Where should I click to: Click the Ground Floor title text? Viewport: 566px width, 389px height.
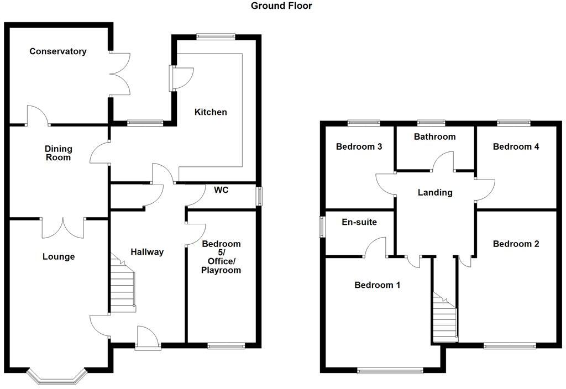(281, 6)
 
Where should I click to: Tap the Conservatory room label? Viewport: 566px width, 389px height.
(58, 51)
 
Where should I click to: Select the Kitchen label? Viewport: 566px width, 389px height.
(211, 112)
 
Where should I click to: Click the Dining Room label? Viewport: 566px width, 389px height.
(59, 153)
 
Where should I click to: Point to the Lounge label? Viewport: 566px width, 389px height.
(59, 257)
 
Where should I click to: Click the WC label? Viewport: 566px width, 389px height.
(222, 190)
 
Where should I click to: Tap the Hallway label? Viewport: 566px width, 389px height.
(147, 252)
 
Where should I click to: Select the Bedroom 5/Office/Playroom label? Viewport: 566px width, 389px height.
(221, 257)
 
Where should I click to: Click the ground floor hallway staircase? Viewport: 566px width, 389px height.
(123, 285)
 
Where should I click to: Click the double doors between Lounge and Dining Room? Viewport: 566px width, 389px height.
(63, 227)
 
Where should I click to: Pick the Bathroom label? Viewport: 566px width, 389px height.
(434, 137)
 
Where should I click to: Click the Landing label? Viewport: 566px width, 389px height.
(435, 193)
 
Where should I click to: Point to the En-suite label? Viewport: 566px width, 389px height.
(359, 222)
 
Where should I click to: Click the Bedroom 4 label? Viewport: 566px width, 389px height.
(516, 147)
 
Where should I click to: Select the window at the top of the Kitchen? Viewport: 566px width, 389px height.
(216, 37)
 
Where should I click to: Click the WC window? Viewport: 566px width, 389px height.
(259, 197)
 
